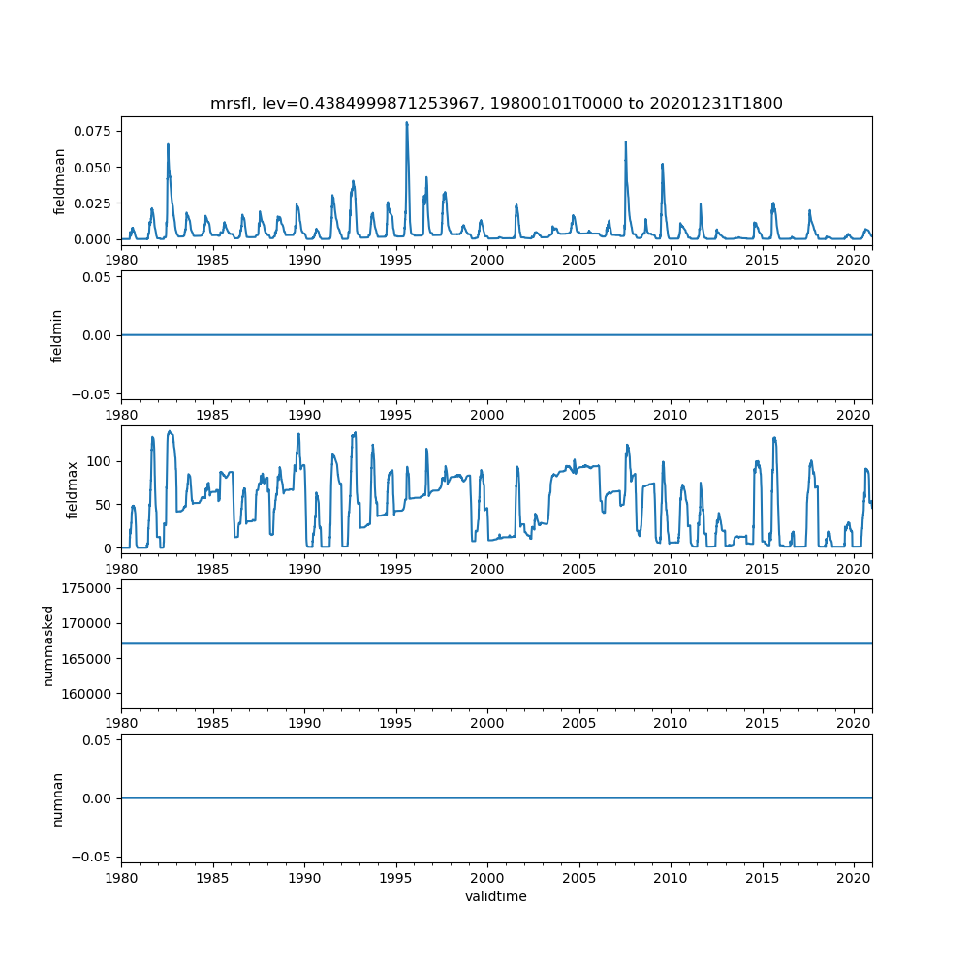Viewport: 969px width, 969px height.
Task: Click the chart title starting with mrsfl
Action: pos(496,103)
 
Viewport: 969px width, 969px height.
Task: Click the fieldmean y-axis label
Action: pos(60,181)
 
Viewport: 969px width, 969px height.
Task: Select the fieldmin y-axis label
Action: pos(57,335)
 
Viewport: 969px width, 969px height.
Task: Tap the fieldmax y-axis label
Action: pos(71,490)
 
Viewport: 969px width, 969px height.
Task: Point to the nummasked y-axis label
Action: pos(47,644)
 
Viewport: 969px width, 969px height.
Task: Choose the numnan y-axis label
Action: pos(57,798)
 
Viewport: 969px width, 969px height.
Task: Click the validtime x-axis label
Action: pos(496,896)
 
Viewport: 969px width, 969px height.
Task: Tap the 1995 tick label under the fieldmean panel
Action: pos(396,261)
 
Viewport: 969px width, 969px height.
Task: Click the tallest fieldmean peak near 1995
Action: pos(407,123)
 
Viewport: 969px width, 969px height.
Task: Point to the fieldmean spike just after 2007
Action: pos(625,142)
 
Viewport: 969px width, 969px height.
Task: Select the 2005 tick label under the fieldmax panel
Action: pos(579,570)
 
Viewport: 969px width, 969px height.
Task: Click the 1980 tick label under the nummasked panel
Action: pos(121,724)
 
